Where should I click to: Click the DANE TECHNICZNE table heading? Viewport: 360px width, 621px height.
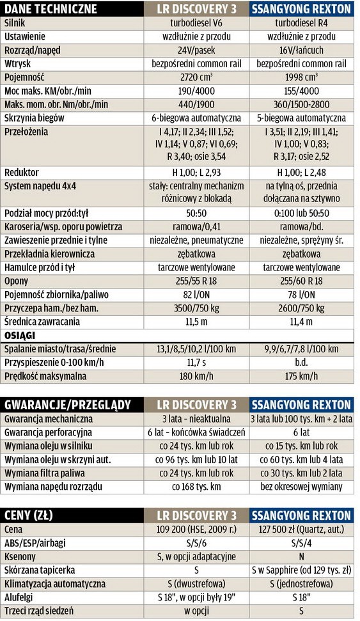(x=51, y=9)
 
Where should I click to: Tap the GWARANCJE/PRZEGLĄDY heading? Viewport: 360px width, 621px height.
(x=68, y=405)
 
